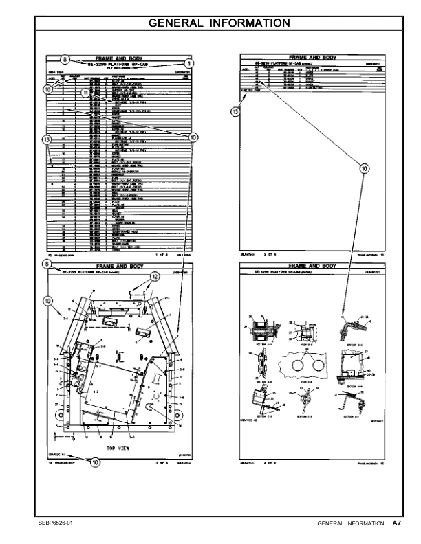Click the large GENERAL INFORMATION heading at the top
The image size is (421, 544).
click(x=210, y=23)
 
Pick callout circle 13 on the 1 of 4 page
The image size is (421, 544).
click(x=47, y=159)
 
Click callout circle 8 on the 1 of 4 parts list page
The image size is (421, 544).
click(x=65, y=59)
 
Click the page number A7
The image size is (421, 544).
click(x=397, y=524)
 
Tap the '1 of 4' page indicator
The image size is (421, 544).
click(x=162, y=254)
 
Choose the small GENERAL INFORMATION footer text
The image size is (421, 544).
click(x=350, y=524)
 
